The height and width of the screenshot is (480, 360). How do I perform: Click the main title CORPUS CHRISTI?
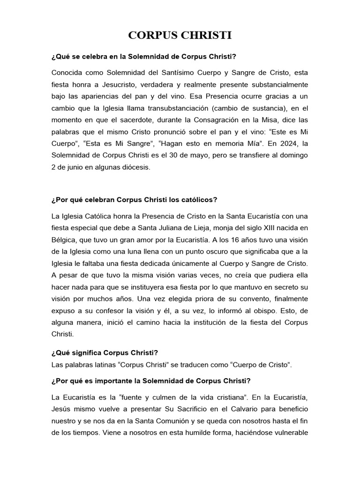click(x=180, y=36)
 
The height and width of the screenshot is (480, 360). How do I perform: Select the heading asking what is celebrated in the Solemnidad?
click(x=144, y=57)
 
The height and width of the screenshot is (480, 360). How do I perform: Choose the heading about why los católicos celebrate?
click(x=135, y=199)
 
